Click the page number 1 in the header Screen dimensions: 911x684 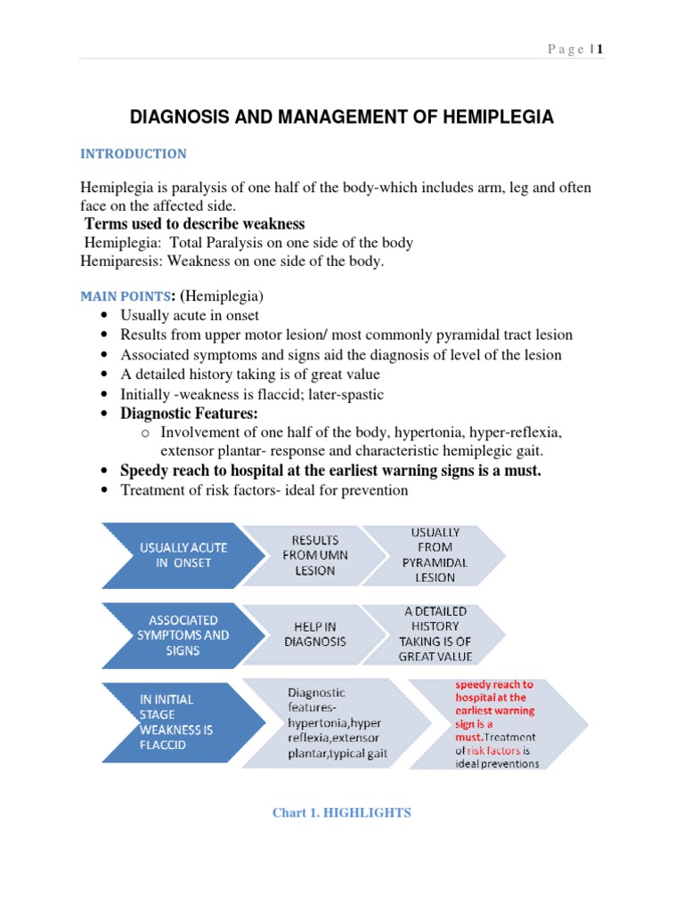point(600,49)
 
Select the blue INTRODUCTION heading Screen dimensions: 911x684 point(134,154)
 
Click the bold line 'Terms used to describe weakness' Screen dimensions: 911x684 point(194,223)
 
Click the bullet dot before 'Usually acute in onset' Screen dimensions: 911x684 point(106,316)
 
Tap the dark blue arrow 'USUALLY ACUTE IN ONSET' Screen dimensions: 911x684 point(182,555)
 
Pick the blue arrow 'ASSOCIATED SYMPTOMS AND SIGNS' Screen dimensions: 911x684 point(182,635)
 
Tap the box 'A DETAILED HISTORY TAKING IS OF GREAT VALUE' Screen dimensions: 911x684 point(435,634)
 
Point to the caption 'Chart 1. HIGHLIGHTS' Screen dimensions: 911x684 point(342,813)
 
